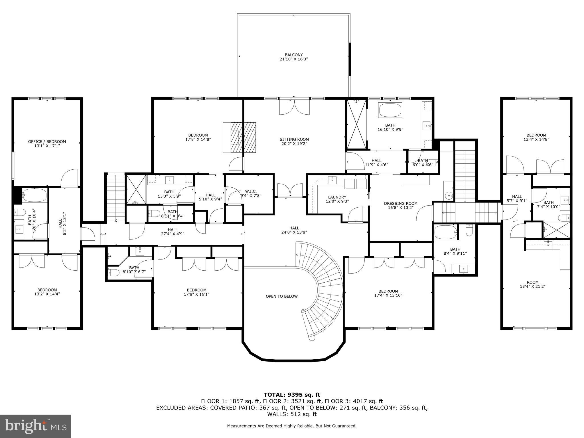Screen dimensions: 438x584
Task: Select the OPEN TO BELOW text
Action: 281,296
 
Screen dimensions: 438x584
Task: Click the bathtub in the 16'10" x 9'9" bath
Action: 390,110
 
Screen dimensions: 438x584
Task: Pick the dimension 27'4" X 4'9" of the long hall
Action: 173,234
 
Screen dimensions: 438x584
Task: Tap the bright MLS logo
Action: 35,426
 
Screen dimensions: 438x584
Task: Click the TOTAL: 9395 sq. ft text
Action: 292,395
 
